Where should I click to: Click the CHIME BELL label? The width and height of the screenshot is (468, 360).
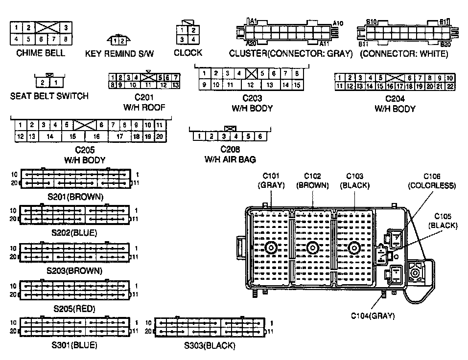(41, 53)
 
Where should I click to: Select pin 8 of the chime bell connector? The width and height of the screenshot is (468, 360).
(65, 39)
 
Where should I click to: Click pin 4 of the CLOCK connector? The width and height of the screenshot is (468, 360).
(194, 40)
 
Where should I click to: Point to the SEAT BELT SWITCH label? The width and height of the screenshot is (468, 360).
(49, 96)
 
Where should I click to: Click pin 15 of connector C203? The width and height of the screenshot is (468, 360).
(297, 85)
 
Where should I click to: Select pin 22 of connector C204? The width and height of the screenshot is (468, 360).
(450, 87)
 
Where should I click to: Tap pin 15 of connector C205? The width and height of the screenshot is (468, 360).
(72, 137)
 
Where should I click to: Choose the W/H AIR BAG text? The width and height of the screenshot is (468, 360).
(230, 159)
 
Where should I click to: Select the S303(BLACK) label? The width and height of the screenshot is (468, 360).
(210, 346)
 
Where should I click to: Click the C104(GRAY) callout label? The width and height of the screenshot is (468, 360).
(373, 316)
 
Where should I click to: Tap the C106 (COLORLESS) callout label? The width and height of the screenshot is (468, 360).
(432, 180)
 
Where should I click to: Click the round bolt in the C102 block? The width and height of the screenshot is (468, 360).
(312, 248)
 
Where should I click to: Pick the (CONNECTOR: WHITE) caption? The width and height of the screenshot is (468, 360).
(404, 54)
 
